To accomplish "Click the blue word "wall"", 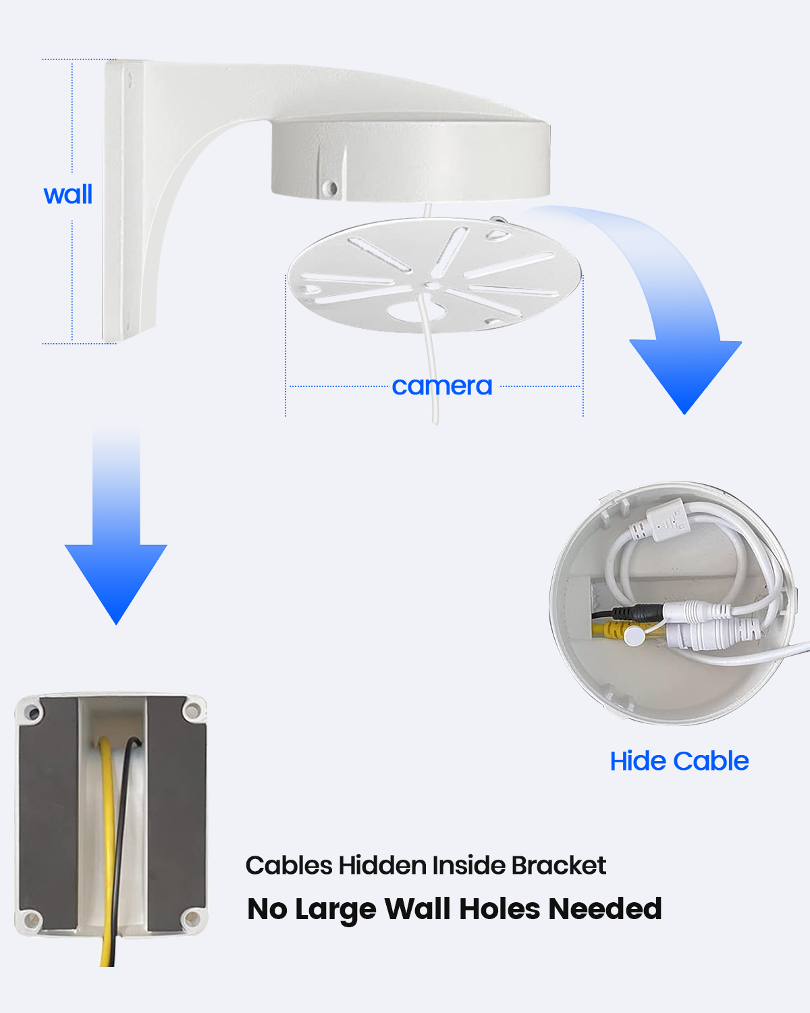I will (x=68, y=194).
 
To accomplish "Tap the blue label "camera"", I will (x=442, y=386).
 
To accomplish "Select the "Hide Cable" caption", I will (x=679, y=761).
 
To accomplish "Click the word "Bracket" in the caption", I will (x=559, y=865).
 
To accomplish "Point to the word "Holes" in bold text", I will (x=500, y=909).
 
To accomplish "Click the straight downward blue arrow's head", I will (x=116, y=581).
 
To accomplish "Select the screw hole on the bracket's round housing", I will (x=331, y=188).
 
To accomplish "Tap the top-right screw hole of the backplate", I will (x=192, y=710).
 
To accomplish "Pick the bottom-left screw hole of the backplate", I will (x=32, y=918).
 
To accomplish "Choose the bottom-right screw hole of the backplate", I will (x=192, y=918).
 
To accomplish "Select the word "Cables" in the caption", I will (x=289, y=865).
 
